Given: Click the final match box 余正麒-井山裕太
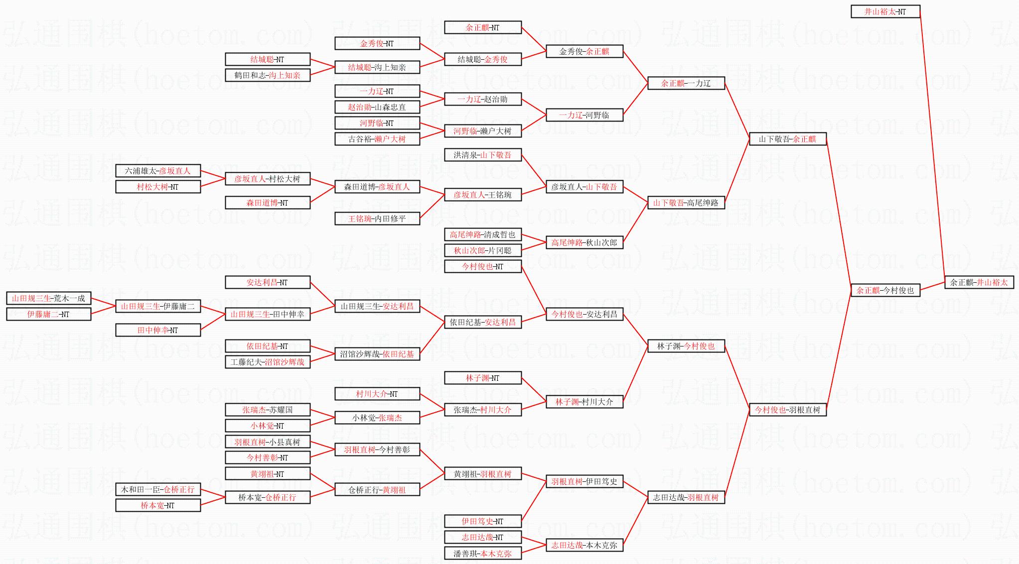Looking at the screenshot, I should pyautogui.click(x=979, y=282).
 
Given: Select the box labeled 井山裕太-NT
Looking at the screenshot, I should pyautogui.click(x=885, y=11).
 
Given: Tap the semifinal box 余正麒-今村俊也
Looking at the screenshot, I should pyautogui.click(x=885, y=290).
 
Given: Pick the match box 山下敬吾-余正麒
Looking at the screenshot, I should pyautogui.click(x=787, y=139).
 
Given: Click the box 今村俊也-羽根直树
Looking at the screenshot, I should pyautogui.click(x=787, y=410).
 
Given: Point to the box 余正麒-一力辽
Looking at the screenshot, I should pyautogui.click(x=686, y=83).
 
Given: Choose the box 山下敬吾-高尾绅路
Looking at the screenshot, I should pyautogui.click(x=686, y=203).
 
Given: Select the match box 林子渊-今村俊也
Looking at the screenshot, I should pyautogui.click(x=686, y=346).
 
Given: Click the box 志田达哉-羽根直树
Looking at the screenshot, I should pyautogui.click(x=686, y=497).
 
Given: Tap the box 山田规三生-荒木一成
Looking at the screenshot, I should pyautogui.click(x=48, y=298).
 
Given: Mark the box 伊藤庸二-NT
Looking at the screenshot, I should pyautogui.click(x=48, y=314).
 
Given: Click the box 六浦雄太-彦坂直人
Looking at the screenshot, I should pyautogui.click(x=158, y=171).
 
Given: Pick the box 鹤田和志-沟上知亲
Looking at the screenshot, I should pyautogui.click(x=268, y=75).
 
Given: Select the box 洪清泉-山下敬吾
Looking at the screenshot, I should pyautogui.click(x=482, y=155).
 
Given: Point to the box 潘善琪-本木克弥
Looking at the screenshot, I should pyautogui.click(x=482, y=553).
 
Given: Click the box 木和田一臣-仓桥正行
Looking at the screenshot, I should pyautogui.click(x=158, y=489).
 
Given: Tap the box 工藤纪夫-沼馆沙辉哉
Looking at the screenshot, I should pyautogui.click(x=268, y=362).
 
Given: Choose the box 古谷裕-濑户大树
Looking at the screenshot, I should pyautogui.click(x=377, y=139).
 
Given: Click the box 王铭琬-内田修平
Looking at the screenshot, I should pyautogui.click(x=377, y=219).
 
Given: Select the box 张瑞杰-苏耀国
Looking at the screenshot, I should pyautogui.click(x=268, y=410).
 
